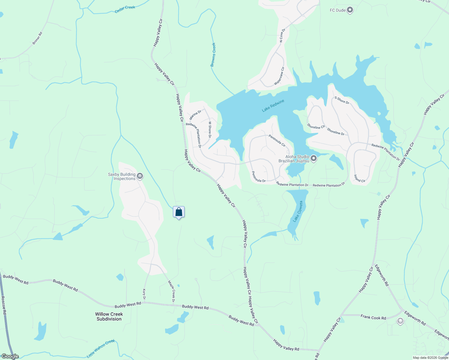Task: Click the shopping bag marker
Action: [179, 212]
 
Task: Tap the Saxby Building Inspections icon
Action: [140, 176]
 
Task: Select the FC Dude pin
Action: [350, 10]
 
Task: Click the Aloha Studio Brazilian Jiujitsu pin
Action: [314, 158]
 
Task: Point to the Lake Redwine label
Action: [273, 106]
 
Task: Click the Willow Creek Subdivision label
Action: [109, 316]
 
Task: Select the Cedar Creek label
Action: [125, 9]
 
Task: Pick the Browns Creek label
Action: [213, 55]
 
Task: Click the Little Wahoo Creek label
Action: [101, 348]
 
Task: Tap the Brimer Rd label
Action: [38, 38]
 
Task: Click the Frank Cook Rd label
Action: [373, 317]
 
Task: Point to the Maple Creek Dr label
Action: [171, 291]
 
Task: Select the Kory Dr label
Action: [144, 294]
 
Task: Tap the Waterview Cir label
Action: [279, 76]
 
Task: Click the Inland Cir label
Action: [359, 178]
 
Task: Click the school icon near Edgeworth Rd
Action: [400, 321]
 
